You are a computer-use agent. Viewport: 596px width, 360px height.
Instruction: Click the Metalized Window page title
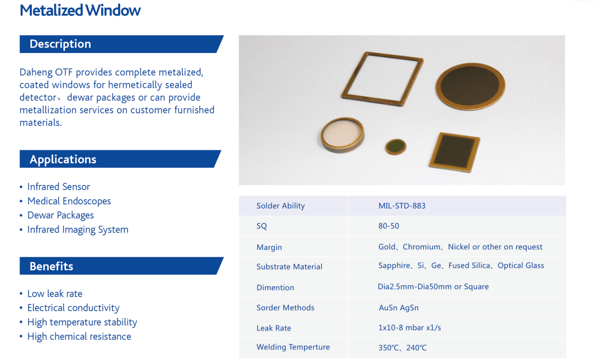pos(80,10)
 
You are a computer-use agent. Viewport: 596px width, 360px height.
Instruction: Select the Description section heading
pos(60,44)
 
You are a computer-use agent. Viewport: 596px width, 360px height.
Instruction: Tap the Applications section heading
pos(63,159)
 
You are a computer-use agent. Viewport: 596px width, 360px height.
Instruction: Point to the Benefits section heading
pos(51,266)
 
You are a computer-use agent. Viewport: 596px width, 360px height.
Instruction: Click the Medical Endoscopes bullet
pos(69,201)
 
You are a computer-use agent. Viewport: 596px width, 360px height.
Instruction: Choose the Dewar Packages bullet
pos(60,215)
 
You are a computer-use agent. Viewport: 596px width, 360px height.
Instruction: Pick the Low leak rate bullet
pos(55,293)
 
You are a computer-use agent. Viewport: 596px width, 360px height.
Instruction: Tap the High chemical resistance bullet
pos(79,337)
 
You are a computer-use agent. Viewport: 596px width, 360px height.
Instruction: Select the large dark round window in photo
pos(471,86)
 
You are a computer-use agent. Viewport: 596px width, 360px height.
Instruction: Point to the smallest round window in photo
pos(396,146)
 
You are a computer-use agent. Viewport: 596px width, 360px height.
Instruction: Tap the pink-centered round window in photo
pos(342,135)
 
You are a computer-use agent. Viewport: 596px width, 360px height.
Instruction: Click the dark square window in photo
pos(455,151)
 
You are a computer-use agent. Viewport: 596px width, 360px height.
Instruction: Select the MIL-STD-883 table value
pos(402,206)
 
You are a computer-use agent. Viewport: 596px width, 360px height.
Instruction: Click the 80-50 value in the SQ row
pos(389,226)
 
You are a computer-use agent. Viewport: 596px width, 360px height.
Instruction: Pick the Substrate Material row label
pos(289,267)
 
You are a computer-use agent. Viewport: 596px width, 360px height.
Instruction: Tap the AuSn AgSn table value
pos(398,307)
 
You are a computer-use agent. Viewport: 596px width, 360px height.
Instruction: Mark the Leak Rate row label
pos(273,328)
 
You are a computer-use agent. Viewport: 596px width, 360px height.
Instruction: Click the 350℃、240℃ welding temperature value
pos(402,348)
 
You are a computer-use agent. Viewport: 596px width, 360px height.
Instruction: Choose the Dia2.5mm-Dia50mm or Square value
pos(433,287)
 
